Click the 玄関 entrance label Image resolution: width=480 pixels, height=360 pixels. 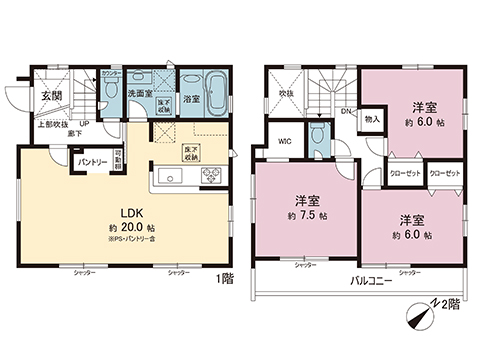(50, 95)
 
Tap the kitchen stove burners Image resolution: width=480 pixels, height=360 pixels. (214, 176)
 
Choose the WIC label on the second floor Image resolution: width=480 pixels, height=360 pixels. (284, 141)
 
